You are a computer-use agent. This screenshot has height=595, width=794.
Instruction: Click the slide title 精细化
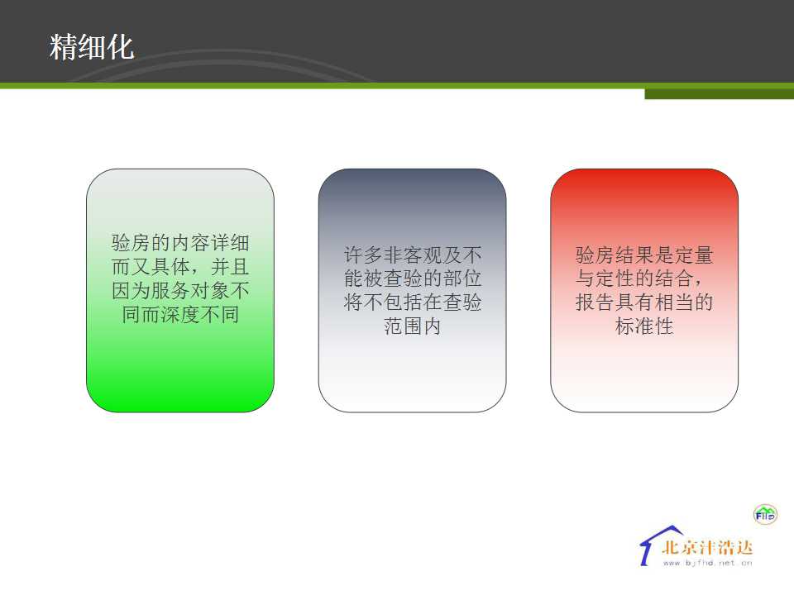(92, 47)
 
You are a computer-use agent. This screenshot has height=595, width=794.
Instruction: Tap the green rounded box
(180, 290)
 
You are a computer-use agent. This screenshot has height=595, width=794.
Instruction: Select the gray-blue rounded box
(412, 290)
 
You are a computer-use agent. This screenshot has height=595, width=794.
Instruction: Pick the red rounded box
(644, 290)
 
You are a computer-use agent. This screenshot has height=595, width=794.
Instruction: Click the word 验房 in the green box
(131, 243)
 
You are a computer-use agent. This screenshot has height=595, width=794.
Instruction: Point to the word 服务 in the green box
(170, 290)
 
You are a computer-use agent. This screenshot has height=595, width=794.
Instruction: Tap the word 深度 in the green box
(180, 315)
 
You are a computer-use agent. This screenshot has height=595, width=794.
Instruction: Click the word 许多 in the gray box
(363, 255)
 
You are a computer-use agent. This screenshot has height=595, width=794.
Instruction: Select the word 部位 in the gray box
(462, 278)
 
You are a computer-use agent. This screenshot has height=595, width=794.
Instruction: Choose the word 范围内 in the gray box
(412, 326)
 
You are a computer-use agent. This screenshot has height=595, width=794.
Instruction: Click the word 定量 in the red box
(694, 255)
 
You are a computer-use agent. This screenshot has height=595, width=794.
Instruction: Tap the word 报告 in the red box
(595, 302)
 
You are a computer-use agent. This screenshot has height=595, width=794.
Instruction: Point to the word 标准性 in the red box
(644, 326)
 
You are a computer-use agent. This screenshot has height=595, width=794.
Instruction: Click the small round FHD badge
(764, 515)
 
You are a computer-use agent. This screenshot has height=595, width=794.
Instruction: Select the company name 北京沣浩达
(707, 547)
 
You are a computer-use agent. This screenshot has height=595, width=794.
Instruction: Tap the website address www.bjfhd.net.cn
(707, 563)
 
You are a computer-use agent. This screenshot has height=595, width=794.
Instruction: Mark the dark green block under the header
(719, 94)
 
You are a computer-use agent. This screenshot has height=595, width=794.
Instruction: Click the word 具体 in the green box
(170, 267)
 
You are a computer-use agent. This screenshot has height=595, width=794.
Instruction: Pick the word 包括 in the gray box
(403, 302)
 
